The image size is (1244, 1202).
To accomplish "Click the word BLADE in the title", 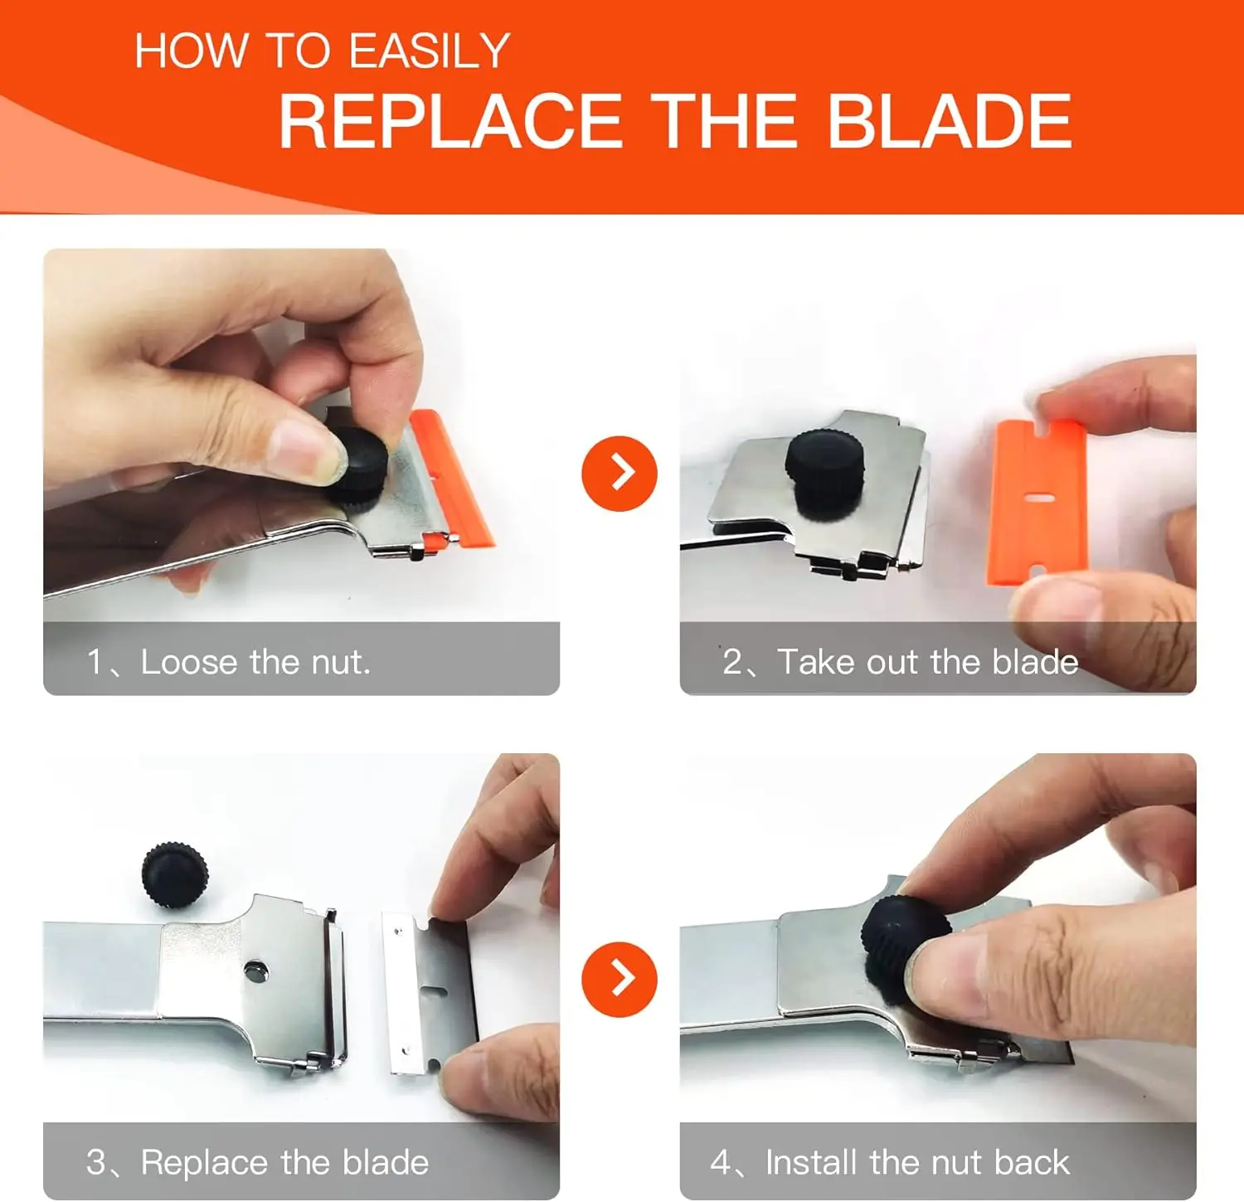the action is coord(950,121).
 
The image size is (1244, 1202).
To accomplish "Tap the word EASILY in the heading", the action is coord(429,51).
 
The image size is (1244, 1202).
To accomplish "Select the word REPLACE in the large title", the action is coord(450,121).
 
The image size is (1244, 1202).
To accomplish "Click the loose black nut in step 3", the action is coord(174,874).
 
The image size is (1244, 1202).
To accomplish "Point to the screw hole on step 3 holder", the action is coord(255,969).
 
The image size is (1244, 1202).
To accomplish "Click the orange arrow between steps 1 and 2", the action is coord(620,473).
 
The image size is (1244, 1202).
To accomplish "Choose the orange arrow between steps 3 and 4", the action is coord(620,979).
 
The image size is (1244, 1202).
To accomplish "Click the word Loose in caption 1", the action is coord(190,662).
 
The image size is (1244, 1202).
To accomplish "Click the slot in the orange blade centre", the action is coord(1037,498).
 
